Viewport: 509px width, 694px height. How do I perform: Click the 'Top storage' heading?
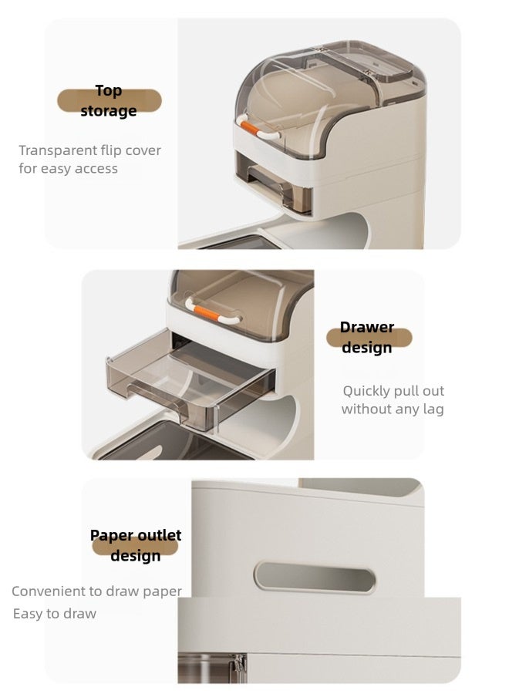pos(109,101)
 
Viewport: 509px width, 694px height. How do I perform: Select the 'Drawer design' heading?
pos(367,338)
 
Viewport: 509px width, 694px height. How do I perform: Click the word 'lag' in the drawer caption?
pos(433,409)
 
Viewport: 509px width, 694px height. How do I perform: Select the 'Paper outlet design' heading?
pos(136,545)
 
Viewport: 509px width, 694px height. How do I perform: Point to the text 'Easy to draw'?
pos(55,614)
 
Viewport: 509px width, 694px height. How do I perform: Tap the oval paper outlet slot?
pos(315,577)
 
